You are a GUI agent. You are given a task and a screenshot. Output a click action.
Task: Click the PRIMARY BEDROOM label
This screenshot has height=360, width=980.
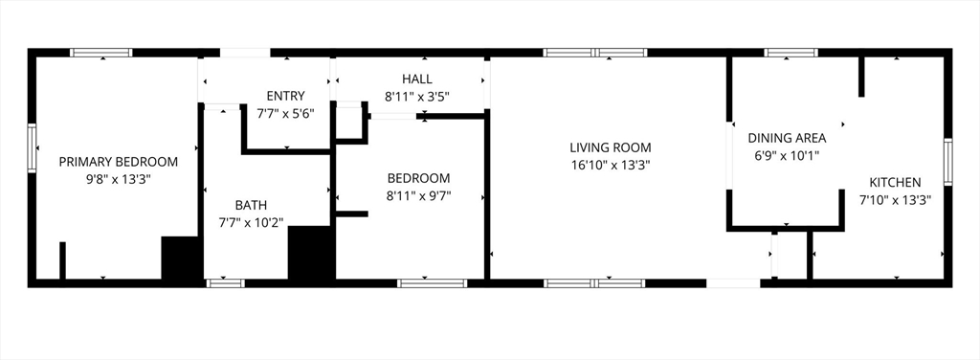[x=119, y=162]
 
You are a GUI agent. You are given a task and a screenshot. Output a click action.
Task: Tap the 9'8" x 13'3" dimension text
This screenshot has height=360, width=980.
[x=119, y=178]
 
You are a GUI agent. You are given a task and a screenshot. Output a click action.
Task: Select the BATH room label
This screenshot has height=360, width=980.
[x=251, y=205]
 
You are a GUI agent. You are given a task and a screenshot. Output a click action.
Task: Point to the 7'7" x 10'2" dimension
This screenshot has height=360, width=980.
[x=251, y=222]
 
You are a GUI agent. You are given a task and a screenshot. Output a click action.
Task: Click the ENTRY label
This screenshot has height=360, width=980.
[x=285, y=96]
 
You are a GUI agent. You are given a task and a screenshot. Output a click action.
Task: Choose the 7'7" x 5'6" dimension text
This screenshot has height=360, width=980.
[x=285, y=113]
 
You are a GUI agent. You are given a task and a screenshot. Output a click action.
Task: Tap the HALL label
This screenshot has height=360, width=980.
[x=416, y=79]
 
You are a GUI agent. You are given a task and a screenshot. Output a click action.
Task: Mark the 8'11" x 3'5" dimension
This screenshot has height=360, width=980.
[x=416, y=97]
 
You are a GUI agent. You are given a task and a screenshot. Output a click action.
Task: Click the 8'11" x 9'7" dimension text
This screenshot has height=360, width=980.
[x=418, y=196]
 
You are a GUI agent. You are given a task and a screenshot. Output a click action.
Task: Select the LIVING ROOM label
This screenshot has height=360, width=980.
[x=611, y=147]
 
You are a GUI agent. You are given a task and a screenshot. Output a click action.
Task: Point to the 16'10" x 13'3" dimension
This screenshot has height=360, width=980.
[x=611, y=165]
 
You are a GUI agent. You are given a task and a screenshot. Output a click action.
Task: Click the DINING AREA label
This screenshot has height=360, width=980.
[x=787, y=138]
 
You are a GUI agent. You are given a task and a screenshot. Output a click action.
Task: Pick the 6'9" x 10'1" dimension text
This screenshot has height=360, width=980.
[x=787, y=155]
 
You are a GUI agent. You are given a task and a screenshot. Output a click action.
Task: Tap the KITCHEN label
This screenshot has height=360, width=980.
[x=895, y=183]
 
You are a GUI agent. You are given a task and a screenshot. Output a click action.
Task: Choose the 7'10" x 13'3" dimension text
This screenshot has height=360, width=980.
[x=895, y=200]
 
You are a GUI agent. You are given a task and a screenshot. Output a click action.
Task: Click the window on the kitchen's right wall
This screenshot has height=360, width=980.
[x=947, y=161]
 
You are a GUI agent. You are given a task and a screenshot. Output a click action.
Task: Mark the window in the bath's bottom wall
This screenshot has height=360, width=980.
[x=226, y=282]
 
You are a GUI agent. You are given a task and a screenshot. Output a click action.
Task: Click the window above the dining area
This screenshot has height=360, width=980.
[x=791, y=53]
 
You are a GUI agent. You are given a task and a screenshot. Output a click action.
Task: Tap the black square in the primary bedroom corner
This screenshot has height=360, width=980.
[x=179, y=259]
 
